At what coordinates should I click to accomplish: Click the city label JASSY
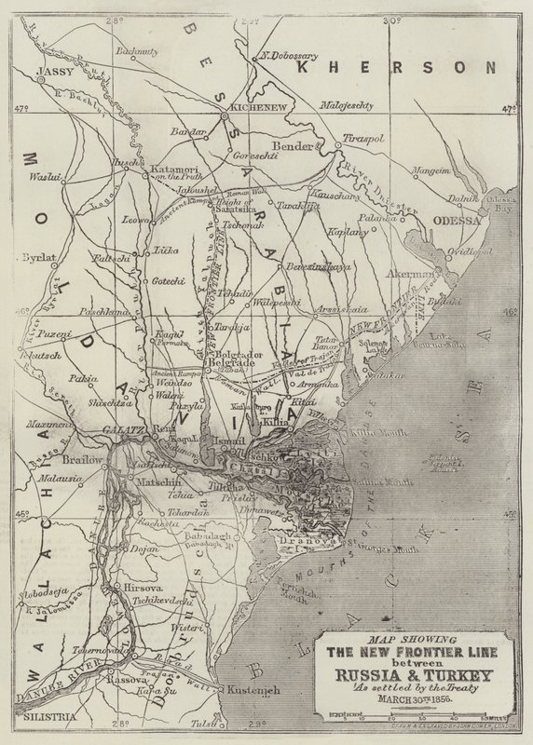point(52,70)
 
